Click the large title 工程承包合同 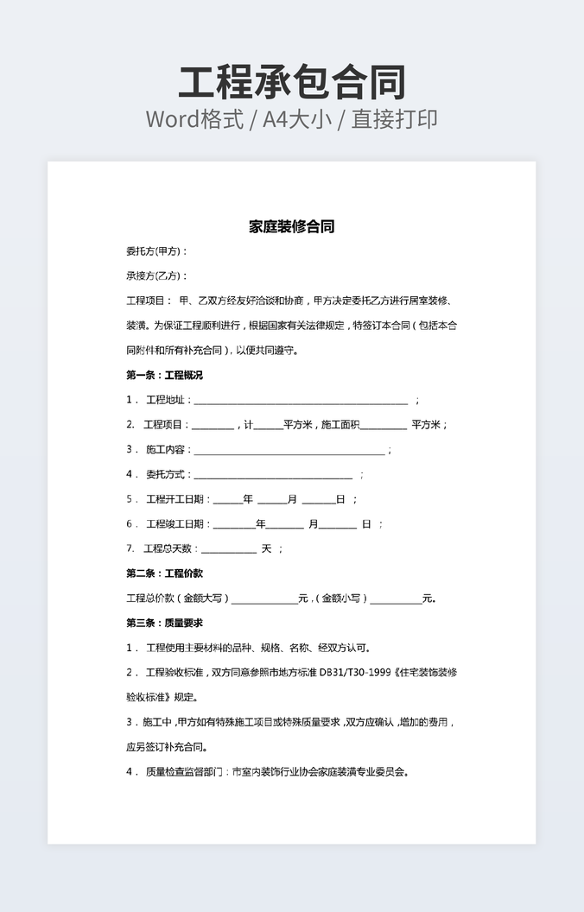(x=292, y=82)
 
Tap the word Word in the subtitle (x=173, y=119)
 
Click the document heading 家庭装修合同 (x=292, y=227)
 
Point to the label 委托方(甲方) (x=156, y=252)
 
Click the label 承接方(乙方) (x=156, y=276)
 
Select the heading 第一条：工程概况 (x=164, y=376)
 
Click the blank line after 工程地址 (x=301, y=402)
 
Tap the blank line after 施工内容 (x=289, y=451)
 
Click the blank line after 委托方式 (x=273, y=476)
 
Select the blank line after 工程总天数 (x=229, y=550)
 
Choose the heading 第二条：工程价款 (x=164, y=573)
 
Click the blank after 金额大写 (x=263, y=599)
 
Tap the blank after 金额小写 (x=396, y=599)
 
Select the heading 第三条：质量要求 (x=164, y=623)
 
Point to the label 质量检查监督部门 (x=185, y=772)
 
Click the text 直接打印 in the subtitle (x=398, y=119)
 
